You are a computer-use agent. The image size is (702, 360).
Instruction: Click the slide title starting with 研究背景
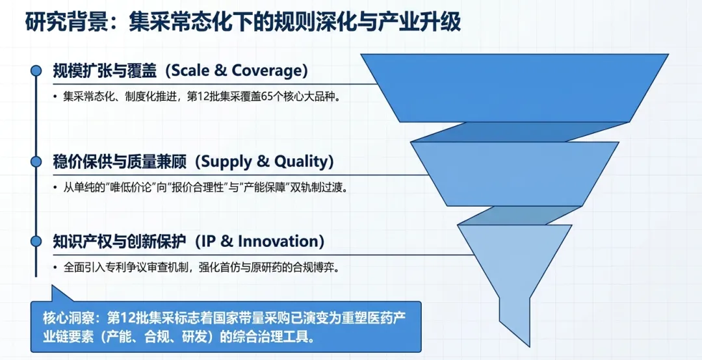[x=242, y=22]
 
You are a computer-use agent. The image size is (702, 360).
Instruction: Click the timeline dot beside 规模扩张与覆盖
[x=36, y=71]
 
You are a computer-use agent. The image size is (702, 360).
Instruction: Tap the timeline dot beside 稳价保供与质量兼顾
[x=36, y=162]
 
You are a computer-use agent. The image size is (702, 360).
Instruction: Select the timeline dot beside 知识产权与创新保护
[x=36, y=241]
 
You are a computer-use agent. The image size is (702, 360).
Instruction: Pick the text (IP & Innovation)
[x=255, y=241]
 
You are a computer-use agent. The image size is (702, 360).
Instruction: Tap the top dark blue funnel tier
[x=514, y=88]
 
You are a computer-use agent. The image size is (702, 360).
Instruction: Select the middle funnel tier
[x=515, y=174]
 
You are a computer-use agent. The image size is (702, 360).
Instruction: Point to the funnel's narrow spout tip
[x=530, y=346]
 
